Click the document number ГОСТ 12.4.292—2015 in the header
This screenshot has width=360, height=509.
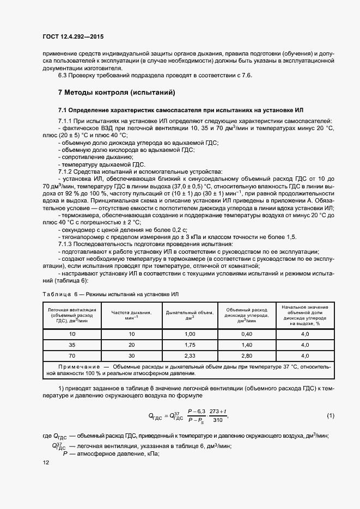[72, 37]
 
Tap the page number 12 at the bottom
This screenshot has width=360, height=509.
[45, 463]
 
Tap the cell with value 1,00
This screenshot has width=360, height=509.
[190, 334]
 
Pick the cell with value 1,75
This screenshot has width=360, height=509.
[190, 345]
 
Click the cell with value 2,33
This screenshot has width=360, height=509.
[190, 356]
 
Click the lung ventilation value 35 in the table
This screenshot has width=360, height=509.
[72, 345]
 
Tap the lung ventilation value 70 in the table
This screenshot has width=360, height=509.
[72, 356]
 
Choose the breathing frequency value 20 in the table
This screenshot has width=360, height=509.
[131, 345]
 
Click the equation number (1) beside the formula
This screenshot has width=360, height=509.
[330, 416]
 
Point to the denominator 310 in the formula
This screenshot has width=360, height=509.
[218, 421]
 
